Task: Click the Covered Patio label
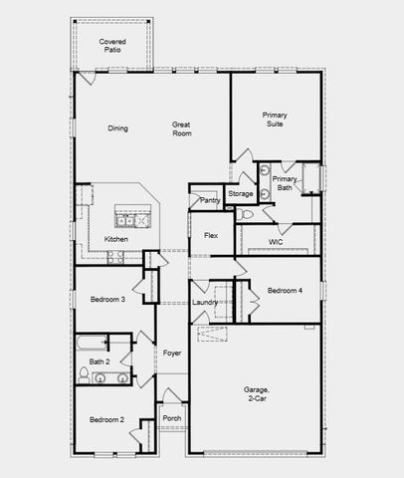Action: (111, 46)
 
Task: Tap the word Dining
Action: (118, 127)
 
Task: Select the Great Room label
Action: (181, 129)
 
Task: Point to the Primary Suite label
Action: (275, 120)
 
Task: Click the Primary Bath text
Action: (284, 183)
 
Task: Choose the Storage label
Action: (241, 193)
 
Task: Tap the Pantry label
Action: (209, 200)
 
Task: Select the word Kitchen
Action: (115, 239)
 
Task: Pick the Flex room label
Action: (210, 235)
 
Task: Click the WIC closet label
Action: (277, 241)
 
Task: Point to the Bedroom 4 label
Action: (285, 290)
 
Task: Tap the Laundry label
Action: (205, 302)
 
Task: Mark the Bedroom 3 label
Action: (107, 300)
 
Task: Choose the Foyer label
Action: (172, 353)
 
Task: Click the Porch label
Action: (172, 418)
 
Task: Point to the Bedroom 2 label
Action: (107, 419)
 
